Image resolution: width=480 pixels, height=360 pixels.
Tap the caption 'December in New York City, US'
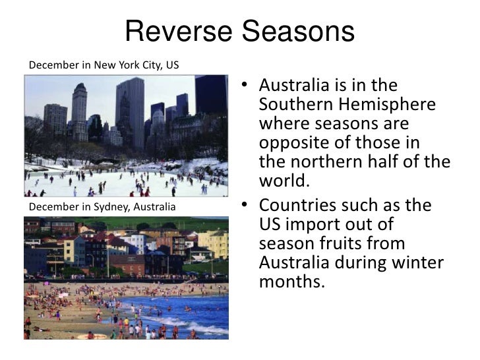(104, 65)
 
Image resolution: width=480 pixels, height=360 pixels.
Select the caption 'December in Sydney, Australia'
(102, 208)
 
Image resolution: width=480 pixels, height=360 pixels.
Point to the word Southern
(294, 105)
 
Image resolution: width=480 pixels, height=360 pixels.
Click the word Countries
(295, 206)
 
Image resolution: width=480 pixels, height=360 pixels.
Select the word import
(313, 225)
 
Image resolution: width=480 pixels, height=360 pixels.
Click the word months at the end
(293, 282)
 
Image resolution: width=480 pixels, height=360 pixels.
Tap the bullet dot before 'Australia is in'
(244, 86)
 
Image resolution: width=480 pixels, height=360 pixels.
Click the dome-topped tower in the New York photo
(79, 109)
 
